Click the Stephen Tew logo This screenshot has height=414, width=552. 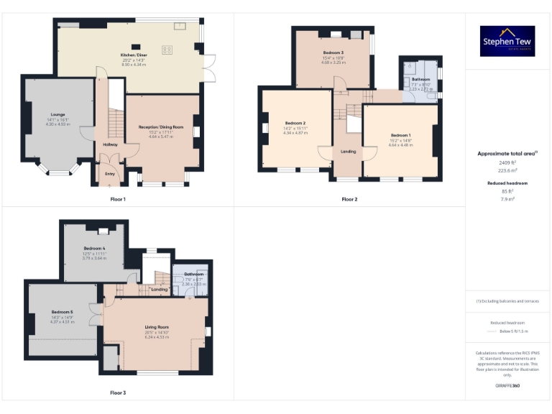point(507,42)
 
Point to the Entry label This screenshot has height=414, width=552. point(110,173)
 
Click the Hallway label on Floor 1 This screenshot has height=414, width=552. point(110,144)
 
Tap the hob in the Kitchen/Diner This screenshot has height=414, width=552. point(167,50)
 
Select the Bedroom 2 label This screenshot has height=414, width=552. point(295,124)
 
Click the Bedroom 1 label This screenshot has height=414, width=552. point(400,135)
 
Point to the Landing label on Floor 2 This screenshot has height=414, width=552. point(348,152)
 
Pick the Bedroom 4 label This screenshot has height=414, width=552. point(94,248)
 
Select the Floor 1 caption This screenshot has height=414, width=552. point(118,198)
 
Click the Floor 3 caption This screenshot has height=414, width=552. point(118,392)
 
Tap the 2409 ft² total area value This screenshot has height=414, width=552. point(507,163)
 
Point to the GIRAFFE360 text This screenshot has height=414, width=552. point(507,386)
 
